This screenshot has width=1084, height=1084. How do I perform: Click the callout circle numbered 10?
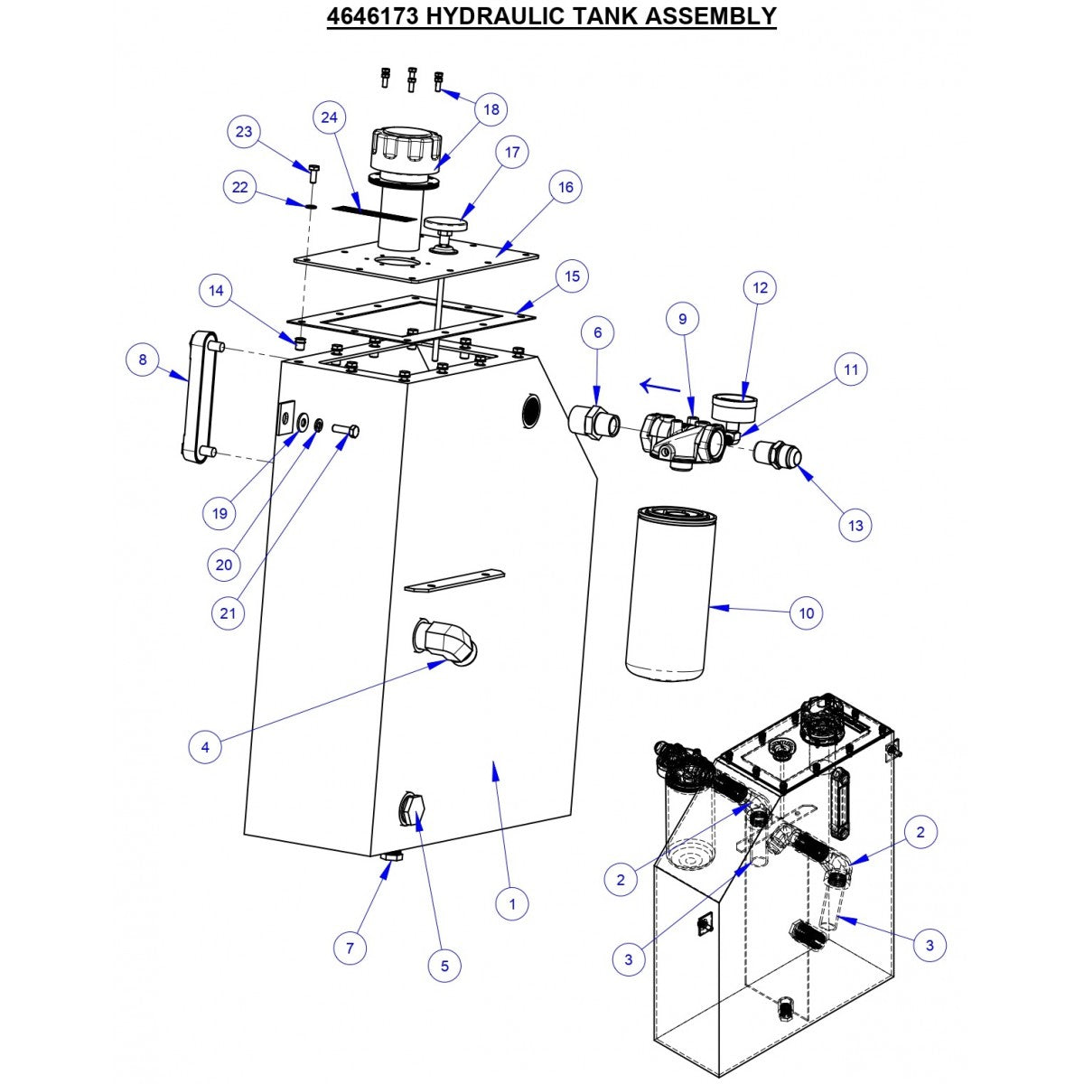[x=807, y=612]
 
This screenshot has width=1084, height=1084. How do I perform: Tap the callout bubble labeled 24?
[x=330, y=117]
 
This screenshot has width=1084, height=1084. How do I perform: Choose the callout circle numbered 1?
[x=512, y=902]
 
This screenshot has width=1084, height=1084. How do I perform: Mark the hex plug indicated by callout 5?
[x=413, y=809]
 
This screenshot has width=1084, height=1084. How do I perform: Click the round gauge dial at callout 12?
[x=734, y=406]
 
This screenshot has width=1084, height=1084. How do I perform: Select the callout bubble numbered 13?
[x=855, y=525]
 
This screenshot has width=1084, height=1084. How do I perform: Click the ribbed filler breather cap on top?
[x=405, y=150]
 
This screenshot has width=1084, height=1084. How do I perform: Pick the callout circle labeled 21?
[x=228, y=613]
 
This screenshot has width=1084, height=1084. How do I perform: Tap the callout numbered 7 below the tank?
[x=350, y=948]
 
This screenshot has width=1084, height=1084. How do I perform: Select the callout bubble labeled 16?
[x=565, y=187]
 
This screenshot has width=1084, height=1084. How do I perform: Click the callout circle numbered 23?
[x=243, y=131]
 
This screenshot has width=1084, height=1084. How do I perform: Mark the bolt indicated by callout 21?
[x=345, y=431]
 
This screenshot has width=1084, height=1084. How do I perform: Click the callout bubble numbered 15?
[x=571, y=276]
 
